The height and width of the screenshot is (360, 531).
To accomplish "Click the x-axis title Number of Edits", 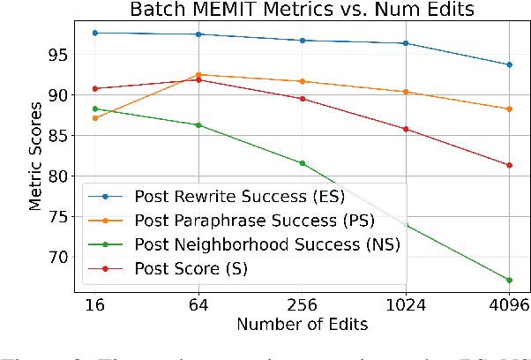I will pos(302,324).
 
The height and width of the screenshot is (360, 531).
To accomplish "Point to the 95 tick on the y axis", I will pos(58,54).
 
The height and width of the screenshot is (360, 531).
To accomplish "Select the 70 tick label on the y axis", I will pos(58,257).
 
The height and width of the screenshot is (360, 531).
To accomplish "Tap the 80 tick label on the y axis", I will pos(58,176).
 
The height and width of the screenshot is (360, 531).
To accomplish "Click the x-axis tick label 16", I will pos(94,304).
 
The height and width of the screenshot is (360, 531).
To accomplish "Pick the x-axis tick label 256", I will pos(302,304).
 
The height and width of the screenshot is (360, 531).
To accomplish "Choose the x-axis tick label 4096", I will pos(509,304).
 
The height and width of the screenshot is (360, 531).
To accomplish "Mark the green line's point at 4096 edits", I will pos(509,280).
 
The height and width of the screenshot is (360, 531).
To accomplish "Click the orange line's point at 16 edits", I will pos(94,117).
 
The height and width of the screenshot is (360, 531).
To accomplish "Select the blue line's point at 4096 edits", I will pos(509,64).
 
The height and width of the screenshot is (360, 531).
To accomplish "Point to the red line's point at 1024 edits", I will pos(406,129).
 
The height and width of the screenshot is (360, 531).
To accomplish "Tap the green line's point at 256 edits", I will pos(302,163).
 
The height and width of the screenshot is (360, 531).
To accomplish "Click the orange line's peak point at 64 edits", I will pos(198,75).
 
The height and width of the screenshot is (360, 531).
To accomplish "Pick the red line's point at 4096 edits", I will pos(509,165).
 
